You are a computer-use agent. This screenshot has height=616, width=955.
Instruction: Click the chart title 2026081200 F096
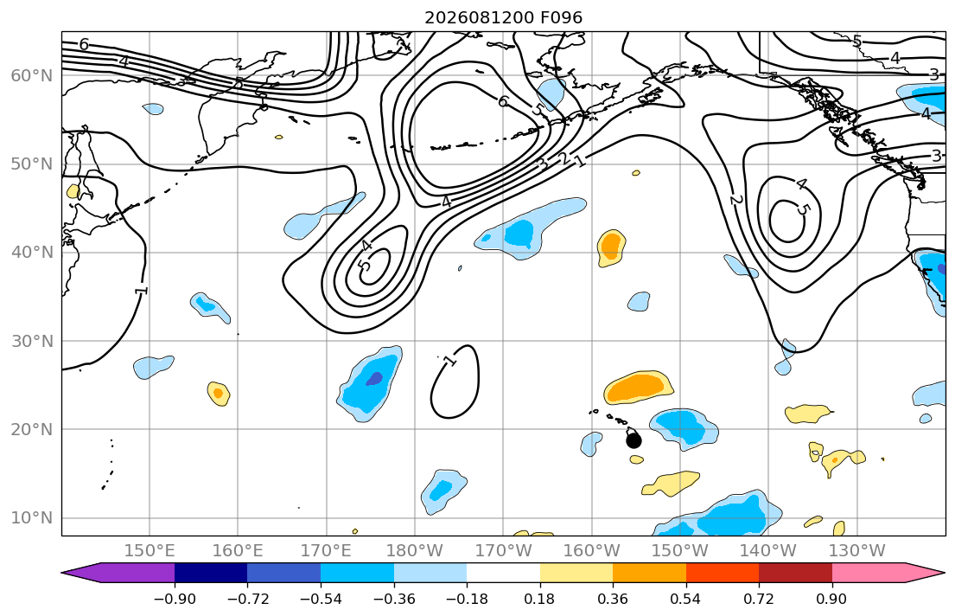click(503, 17)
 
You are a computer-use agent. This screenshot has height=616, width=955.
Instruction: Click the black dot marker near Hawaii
click(633, 440)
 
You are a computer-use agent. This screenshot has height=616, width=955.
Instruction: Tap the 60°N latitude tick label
click(32, 75)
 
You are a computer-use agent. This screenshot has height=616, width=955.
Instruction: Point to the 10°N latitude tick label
click(32, 518)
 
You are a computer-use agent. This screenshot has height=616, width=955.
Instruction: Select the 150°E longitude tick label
click(150, 551)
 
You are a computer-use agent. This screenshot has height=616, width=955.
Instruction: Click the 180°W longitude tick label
click(415, 551)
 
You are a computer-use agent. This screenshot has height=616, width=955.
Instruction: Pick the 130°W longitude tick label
click(857, 551)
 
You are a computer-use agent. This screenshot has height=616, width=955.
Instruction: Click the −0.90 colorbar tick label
click(175, 599)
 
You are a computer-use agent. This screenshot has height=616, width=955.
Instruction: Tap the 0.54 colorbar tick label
click(686, 599)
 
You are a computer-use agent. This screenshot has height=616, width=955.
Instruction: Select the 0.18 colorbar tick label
click(539, 599)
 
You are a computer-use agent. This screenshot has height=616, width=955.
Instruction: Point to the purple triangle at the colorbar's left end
click(118, 573)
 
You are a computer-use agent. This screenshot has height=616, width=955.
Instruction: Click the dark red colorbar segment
click(795, 573)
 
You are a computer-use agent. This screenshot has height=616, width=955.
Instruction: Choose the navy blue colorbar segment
click(211, 573)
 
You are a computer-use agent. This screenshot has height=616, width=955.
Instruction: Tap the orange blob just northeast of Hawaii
click(639, 388)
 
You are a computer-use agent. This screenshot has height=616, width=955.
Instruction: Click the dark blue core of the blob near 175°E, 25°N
click(374, 379)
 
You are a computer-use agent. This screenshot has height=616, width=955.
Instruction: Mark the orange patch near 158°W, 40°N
click(610, 247)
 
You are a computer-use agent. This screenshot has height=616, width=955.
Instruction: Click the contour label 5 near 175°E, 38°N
click(363, 266)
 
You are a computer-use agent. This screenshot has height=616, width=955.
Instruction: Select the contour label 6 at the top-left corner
click(84, 44)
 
